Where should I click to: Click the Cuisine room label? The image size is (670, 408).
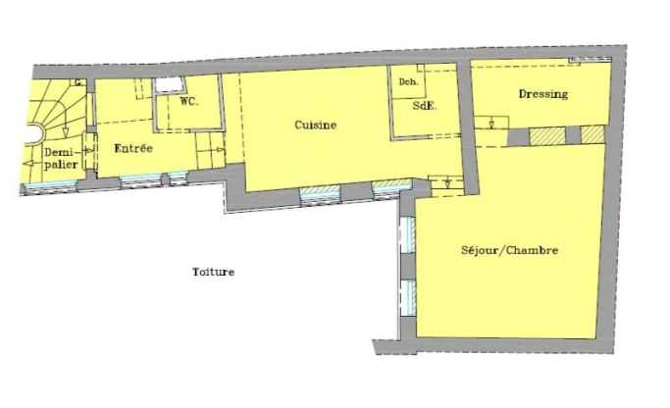pyautogui.click(x=315, y=125)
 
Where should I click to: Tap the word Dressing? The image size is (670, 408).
pyautogui.click(x=543, y=94)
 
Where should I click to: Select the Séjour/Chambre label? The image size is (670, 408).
pyautogui.click(x=509, y=250)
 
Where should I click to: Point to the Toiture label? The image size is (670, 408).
pyautogui.click(x=213, y=272)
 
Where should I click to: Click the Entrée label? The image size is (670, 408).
pyautogui.click(x=133, y=148)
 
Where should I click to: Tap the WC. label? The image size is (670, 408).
pyautogui.click(x=188, y=102)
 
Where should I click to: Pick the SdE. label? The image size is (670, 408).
pyautogui.click(x=425, y=106)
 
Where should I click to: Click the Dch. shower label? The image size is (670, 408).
pyautogui.click(x=408, y=81)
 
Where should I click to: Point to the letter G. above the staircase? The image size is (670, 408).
pyautogui.click(x=78, y=83)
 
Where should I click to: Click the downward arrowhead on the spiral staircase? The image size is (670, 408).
pyautogui.click(x=66, y=132)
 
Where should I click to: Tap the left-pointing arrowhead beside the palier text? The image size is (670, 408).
pyautogui.click(x=28, y=163)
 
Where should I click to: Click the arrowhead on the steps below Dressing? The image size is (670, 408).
pyautogui.click(x=491, y=125)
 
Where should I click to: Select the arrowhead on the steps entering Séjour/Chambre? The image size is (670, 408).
pyautogui.click(x=447, y=184)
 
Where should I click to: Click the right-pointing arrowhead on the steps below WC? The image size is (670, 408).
pyautogui.click(x=221, y=149)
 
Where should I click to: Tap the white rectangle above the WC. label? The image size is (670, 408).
pyautogui.click(x=169, y=85)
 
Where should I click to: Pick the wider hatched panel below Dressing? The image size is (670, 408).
pyautogui.click(x=547, y=136)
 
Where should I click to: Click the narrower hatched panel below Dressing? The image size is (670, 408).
pyautogui.click(x=593, y=134)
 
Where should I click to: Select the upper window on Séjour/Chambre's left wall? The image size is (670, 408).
pyautogui.click(x=410, y=234)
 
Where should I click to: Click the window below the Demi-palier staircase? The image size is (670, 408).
pyautogui.click(x=50, y=185)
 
